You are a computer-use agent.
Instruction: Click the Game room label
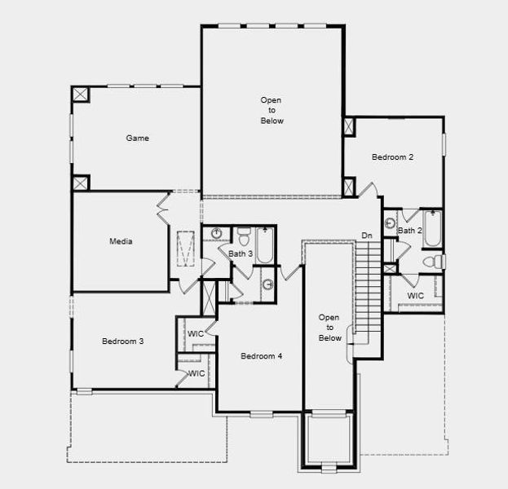tap(137, 139)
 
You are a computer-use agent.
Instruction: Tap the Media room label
tap(121, 241)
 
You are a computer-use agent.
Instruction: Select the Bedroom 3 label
tap(122, 341)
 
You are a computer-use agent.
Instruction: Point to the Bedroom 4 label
tap(261, 356)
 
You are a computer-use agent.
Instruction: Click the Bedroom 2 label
tap(393, 157)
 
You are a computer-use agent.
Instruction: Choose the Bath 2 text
tap(409, 231)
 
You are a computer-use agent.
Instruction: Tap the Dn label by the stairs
tap(368, 236)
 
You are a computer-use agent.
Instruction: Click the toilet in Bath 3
tap(244, 236)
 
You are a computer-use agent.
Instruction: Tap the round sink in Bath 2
tap(391, 222)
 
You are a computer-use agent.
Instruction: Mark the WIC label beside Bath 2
tap(415, 296)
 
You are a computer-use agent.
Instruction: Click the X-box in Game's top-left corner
tap(81, 95)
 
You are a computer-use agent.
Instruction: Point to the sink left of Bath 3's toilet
tap(216, 234)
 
